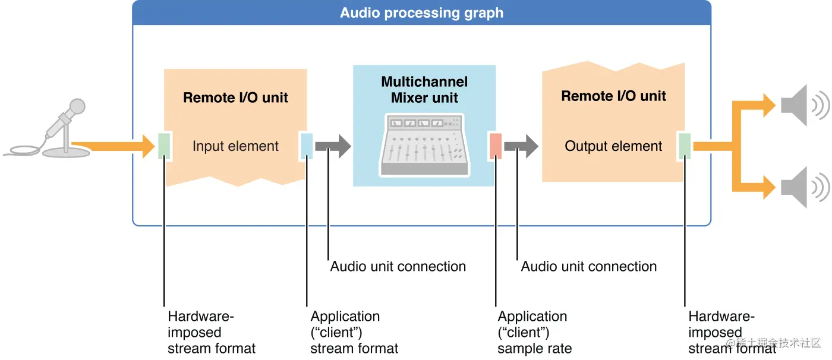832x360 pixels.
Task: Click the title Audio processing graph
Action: pyautogui.click(x=421, y=13)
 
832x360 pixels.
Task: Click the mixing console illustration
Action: pyautogui.click(x=424, y=146)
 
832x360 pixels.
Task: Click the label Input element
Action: pyautogui.click(x=235, y=146)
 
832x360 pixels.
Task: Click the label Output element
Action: pyautogui.click(x=613, y=146)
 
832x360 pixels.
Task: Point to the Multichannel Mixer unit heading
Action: pyautogui.click(x=424, y=90)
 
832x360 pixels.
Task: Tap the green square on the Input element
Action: pyautogui.click(x=165, y=146)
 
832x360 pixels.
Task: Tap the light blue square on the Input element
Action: pyautogui.click(x=307, y=146)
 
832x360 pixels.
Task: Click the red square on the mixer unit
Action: pyautogui.click(x=496, y=146)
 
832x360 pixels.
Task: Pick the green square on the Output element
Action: pyautogui.click(x=685, y=146)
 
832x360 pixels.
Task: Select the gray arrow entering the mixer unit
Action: pyautogui.click(x=333, y=146)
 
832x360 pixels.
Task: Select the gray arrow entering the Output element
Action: pyautogui.click(x=521, y=146)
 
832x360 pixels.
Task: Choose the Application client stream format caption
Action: pyautogui.click(x=354, y=332)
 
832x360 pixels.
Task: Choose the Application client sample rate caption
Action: pyautogui.click(x=534, y=332)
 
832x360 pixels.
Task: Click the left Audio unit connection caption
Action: pyautogui.click(x=398, y=266)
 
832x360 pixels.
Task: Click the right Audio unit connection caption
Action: pyautogui.click(x=588, y=266)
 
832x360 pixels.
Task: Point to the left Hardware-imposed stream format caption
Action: pyautogui.click(x=211, y=332)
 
